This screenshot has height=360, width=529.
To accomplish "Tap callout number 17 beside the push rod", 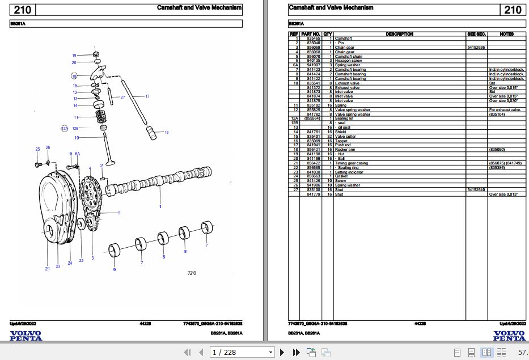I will pos(147,96).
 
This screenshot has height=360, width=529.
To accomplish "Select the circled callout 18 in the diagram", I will pos(74,75).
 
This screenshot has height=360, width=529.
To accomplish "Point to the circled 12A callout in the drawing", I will pos(64,128).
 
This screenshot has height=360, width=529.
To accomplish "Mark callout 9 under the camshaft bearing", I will pos(114,269).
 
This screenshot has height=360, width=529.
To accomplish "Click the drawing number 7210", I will pos(192,274).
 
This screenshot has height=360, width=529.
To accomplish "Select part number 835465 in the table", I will pos(313,39).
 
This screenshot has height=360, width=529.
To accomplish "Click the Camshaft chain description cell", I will pos(348,57).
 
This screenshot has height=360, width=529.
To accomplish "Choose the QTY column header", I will pos(328,34).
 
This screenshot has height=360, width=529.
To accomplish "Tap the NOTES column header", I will pos(506,34).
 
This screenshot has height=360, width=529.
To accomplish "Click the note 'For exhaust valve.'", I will pos(505,109).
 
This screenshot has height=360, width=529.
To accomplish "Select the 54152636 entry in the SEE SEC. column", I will pos(476,48).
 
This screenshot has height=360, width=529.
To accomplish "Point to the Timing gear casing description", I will pos(351,163).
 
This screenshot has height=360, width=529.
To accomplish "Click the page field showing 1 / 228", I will pos(241,353).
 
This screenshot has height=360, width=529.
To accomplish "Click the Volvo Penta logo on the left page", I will pos(26,336).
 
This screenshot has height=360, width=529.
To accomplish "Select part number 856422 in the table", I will pos(313,163).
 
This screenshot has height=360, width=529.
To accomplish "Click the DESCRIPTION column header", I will pos(399,34).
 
